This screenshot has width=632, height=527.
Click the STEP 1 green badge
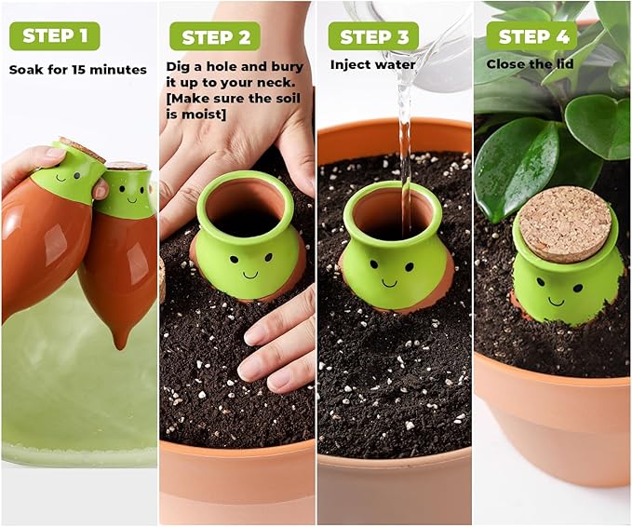point(54,36)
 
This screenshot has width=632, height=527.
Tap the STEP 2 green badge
point(215,37)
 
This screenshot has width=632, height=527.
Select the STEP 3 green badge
point(373,37)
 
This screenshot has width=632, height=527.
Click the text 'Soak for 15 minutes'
point(78,70)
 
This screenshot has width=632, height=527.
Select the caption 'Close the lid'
point(525,65)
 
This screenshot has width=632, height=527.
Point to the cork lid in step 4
point(564,223)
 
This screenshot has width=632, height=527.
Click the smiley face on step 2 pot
point(250,266)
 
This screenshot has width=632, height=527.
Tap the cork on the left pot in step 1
point(83,149)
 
